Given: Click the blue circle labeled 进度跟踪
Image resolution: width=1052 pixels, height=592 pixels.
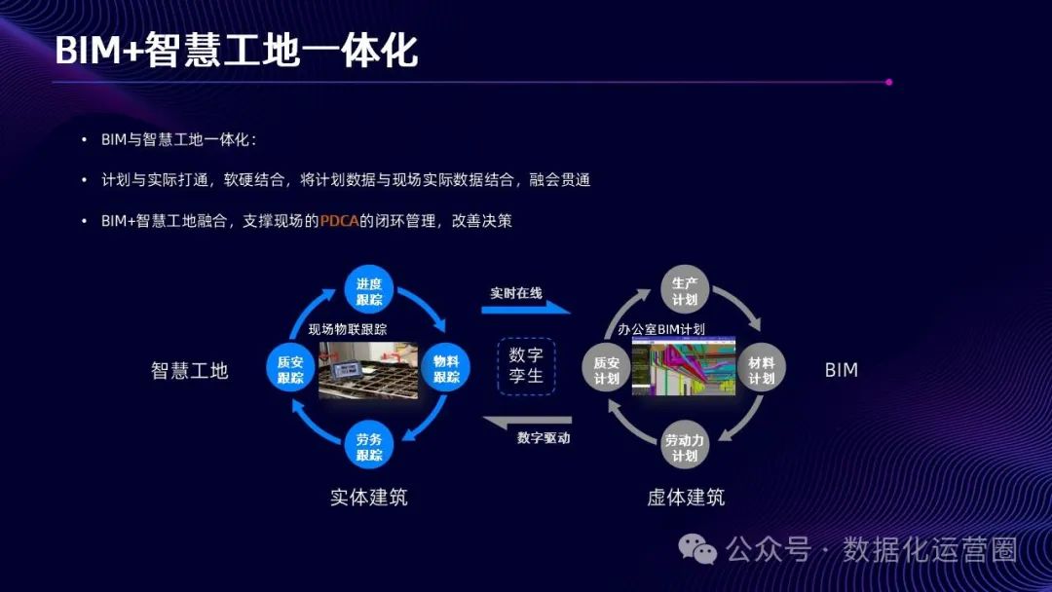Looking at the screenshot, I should [x=368, y=289].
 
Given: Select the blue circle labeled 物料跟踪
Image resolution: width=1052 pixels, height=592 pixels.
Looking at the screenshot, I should [x=446, y=369].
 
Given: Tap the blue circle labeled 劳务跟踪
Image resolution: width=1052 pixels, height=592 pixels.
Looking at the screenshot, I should [x=368, y=448].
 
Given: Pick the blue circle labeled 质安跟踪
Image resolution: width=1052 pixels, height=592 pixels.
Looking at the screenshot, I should [x=289, y=369].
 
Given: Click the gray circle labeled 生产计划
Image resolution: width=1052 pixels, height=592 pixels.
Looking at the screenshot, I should [x=685, y=290].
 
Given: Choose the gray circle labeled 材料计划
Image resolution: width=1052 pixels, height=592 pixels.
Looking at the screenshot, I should [x=762, y=369].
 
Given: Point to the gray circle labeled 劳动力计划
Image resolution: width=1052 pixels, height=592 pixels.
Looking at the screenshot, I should [x=685, y=447].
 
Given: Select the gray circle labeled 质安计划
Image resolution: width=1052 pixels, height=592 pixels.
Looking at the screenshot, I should [x=606, y=369].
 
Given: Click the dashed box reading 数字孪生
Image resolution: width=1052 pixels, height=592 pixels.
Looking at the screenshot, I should [x=526, y=366].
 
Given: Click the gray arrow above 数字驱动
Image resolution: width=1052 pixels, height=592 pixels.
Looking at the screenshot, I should [x=526, y=422].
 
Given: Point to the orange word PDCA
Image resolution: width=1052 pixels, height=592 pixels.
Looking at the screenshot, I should [x=339, y=221].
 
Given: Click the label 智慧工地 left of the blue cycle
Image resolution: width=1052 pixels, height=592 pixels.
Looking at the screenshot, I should [x=189, y=371].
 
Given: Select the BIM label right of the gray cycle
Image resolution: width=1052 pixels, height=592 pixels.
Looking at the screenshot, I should [x=842, y=370].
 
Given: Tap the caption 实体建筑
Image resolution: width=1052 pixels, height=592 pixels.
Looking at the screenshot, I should [x=368, y=498].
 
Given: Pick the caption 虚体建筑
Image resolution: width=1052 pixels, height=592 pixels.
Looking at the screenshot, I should [x=686, y=498].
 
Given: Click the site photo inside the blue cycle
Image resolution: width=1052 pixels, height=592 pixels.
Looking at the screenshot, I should [x=368, y=369].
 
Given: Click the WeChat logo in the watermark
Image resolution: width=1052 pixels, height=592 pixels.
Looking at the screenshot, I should [x=698, y=549].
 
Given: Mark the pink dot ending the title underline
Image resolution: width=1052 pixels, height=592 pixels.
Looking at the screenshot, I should [x=888, y=83].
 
